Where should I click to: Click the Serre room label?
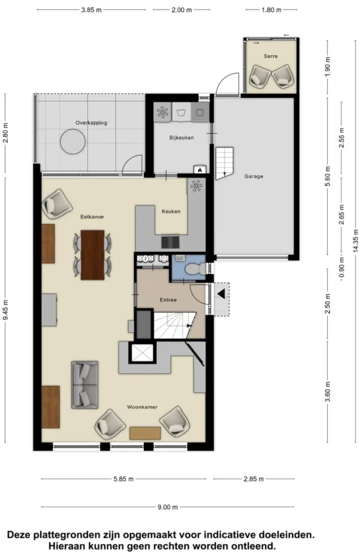click(271, 56)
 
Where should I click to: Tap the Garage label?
click(254, 176)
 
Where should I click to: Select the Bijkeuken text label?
click(181, 137)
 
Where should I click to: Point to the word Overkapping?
click(91, 123)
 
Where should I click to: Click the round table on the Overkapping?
click(73, 142)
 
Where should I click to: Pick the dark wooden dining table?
click(92, 255)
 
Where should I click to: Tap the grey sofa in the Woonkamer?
click(85, 384)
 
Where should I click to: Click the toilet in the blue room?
click(195, 268)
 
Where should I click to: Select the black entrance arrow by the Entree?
click(221, 294)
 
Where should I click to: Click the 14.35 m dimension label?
click(356, 241)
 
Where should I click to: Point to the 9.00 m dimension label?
click(167, 507)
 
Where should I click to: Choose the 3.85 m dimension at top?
click(91, 10)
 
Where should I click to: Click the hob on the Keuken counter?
click(170, 243)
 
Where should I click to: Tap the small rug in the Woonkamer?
click(145, 433)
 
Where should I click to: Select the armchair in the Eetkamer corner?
click(57, 204)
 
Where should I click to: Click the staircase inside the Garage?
click(224, 163)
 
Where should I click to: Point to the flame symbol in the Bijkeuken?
click(200, 170)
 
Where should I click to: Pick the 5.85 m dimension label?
click(123, 479)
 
